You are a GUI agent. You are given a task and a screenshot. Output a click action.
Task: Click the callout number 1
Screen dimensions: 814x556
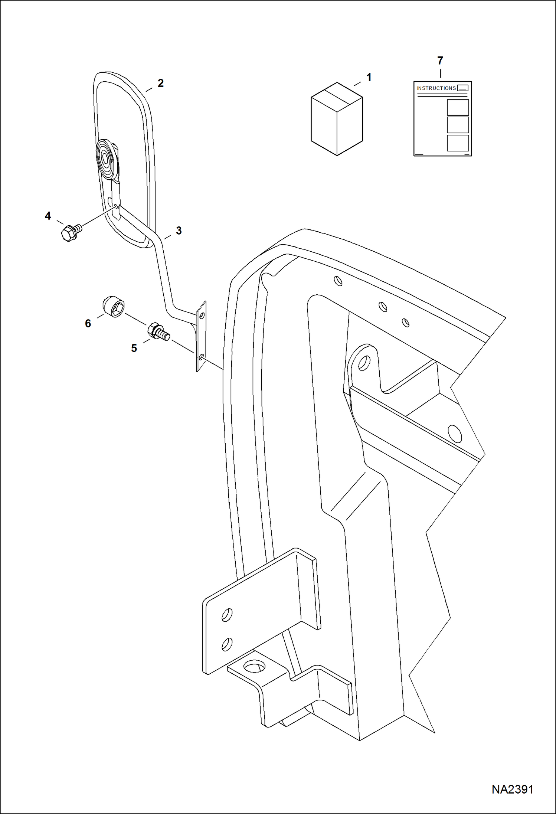369,77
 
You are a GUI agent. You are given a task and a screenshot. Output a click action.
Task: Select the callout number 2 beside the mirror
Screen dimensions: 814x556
160,83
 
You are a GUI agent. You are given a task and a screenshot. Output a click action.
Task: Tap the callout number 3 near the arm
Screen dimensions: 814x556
179,231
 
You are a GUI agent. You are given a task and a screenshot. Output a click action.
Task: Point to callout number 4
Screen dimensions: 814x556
48,216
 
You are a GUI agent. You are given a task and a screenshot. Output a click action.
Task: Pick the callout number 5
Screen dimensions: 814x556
134,348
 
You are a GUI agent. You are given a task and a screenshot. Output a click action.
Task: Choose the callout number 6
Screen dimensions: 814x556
88,323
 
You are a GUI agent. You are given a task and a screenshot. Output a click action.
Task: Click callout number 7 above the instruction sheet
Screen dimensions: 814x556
440,61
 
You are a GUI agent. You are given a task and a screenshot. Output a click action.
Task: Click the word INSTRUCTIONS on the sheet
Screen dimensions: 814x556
436,88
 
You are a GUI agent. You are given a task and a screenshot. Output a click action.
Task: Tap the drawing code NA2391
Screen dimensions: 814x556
512,789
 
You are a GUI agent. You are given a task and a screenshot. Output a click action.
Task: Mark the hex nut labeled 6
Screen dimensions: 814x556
113,307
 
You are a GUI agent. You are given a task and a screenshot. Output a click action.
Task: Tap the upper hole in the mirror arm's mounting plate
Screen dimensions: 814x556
202,316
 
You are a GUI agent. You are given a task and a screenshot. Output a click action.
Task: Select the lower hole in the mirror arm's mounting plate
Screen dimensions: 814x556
201,357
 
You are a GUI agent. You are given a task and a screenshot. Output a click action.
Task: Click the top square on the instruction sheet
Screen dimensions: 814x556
458,107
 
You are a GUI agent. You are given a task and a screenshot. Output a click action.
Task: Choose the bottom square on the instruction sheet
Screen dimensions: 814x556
458,143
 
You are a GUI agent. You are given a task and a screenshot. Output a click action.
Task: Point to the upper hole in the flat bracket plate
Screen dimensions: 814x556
227,615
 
